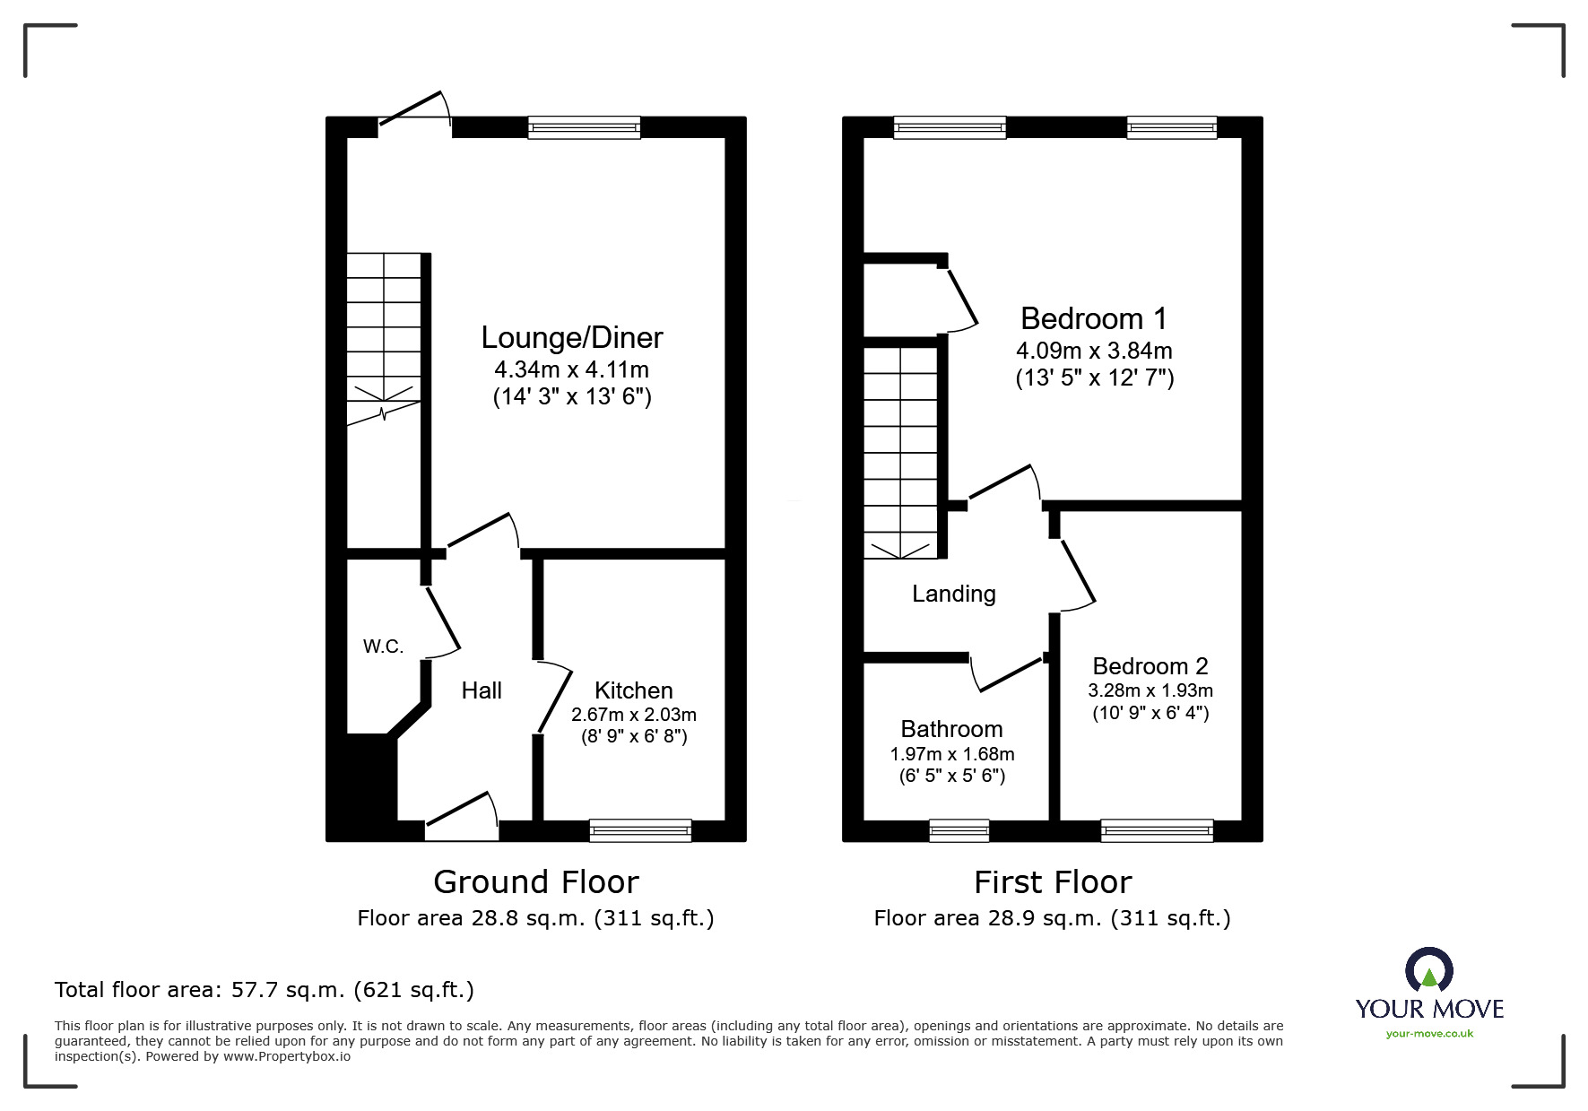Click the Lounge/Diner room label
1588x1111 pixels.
coord(571,337)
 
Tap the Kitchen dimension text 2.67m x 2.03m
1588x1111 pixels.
coord(633,715)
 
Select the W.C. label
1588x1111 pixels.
coord(383,647)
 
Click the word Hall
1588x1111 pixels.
coord(482,690)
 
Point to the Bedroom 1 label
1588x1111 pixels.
coord(1094,318)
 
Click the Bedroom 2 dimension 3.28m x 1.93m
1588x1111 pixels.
coord(1150,690)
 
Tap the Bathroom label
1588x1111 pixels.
coord(951,729)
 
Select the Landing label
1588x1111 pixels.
coord(953,594)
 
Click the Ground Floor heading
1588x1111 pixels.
coord(535,882)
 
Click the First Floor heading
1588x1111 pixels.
coord(1053,882)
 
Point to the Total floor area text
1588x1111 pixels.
coord(265,990)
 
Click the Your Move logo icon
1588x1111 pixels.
coord(1428,970)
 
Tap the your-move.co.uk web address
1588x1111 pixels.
coord(1429,1034)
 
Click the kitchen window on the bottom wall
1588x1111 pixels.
coord(640,831)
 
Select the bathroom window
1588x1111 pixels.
coord(959,831)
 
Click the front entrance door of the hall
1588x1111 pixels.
coord(462,820)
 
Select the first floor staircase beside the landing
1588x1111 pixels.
coord(900,453)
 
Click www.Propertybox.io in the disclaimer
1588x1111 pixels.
coord(287,1056)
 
